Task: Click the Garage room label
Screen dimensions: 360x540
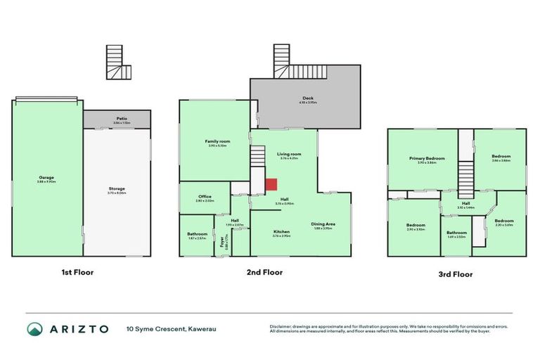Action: [47, 177]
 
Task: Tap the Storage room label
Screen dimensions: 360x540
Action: [117, 188]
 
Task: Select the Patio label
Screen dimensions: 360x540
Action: [117, 118]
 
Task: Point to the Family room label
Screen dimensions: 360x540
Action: [214, 141]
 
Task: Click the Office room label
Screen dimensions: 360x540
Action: [205, 196]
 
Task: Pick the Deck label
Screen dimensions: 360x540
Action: [308, 98]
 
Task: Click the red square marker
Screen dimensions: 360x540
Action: [271, 184]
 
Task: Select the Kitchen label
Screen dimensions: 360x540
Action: [281, 231]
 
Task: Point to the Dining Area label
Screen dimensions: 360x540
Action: [323, 224]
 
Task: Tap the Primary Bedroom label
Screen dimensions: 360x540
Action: [427, 158]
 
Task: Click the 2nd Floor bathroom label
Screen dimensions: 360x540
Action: [197, 234]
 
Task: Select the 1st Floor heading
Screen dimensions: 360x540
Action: [77, 271]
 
